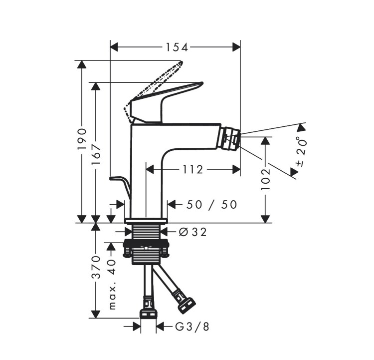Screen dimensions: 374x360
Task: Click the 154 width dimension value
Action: [177, 47]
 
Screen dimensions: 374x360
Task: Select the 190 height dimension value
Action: [82, 139]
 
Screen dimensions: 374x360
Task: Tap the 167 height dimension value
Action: [96, 154]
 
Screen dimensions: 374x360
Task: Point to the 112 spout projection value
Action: [193, 170]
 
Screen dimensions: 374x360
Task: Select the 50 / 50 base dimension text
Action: [211, 205]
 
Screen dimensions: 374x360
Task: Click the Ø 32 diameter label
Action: [192, 232]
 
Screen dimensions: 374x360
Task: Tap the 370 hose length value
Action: [96, 267]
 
